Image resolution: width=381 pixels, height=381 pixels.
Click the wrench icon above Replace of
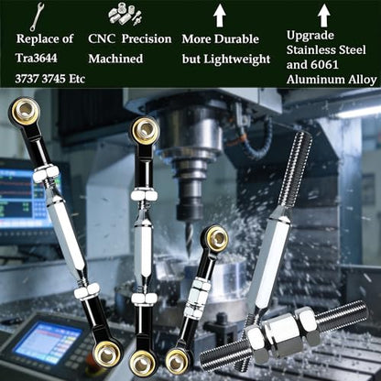38,16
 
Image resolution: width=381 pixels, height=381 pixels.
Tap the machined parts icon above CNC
125,15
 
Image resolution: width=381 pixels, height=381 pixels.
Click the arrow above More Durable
220,16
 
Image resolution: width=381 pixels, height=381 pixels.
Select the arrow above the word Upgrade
324,16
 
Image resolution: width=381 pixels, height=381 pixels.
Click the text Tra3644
37,58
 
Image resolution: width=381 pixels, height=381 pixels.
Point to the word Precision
147,39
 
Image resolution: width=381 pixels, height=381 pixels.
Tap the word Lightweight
237,59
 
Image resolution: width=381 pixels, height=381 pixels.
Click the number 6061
325,65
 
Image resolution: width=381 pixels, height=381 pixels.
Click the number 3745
53,79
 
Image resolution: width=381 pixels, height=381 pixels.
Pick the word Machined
115,59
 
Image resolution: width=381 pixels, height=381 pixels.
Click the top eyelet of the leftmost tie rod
26,112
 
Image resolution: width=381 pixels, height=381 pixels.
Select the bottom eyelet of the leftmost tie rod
107,354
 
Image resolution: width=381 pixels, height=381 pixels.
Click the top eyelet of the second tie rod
146,130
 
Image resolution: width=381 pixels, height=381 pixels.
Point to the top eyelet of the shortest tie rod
217,238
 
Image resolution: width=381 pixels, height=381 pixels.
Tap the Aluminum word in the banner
313,80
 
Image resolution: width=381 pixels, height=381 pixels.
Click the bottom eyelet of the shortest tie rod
178,362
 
